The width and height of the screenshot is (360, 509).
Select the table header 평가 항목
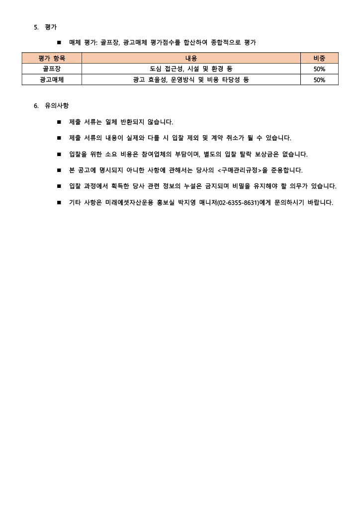click(52, 58)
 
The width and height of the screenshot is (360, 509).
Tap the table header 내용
click(191, 58)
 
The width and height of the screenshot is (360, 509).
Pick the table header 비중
click(319, 58)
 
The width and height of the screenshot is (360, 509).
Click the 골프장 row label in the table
click(52, 69)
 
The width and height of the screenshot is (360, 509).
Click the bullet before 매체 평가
click(59, 43)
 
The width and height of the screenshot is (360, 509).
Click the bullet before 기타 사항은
click(59, 203)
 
